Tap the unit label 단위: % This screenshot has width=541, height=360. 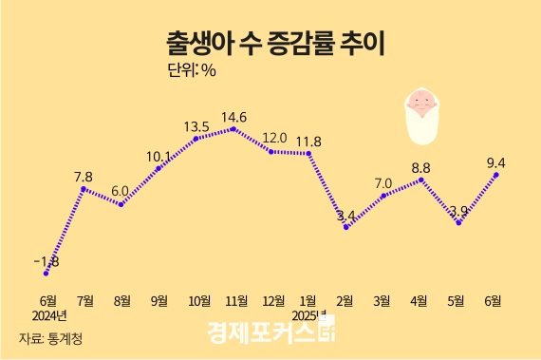tap(192, 71)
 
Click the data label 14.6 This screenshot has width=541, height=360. tap(233, 117)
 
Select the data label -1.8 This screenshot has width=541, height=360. tap(46, 261)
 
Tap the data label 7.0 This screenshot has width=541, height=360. tap(383, 182)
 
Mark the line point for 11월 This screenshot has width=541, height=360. tap(234, 128)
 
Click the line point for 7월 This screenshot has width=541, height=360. tap(84, 188)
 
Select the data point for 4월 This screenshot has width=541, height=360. tap(420, 179)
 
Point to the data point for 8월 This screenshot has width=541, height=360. tap(121, 203)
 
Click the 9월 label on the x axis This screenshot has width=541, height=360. tap(159, 300)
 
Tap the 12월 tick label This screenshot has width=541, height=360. tap(271, 300)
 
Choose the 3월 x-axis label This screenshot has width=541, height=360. tap(382, 300)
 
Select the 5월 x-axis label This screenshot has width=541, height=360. tap(457, 300)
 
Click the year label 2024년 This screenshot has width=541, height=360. tap(48, 315)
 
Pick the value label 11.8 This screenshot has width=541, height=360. tap(308, 142)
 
